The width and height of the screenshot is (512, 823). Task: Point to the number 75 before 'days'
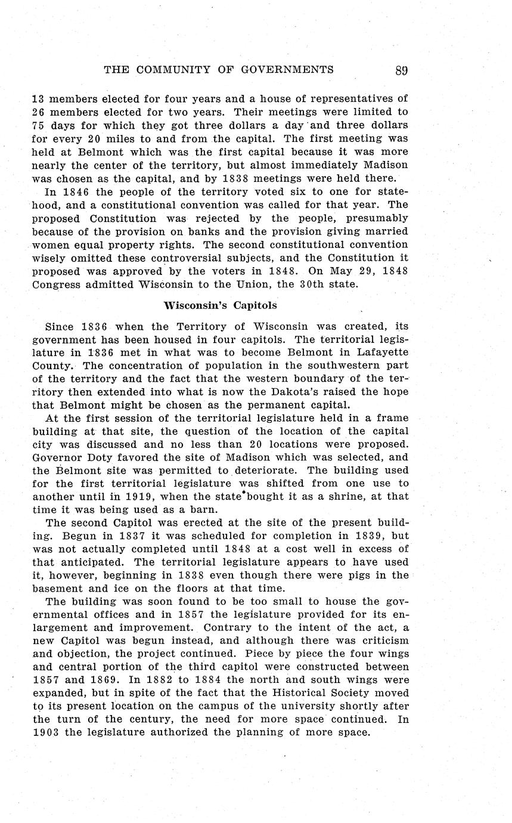click(39, 125)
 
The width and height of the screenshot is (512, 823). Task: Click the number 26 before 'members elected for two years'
click(39, 112)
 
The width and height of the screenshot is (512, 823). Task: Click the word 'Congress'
click(56, 284)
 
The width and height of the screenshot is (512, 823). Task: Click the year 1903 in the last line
click(45, 732)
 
